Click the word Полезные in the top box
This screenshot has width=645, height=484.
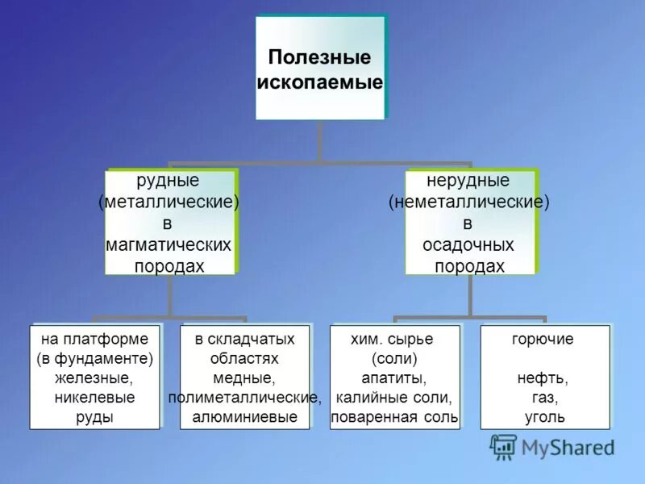pyautogui.click(x=319, y=58)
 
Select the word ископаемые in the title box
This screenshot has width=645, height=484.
pyautogui.click(x=319, y=82)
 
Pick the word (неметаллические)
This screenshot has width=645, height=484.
pyautogui.click(x=468, y=202)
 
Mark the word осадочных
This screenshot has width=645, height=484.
pyautogui.click(x=468, y=244)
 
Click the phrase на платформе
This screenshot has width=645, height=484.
pyautogui.click(x=94, y=340)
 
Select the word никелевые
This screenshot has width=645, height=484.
pyautogui.click(x=94, y=398)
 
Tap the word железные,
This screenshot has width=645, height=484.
pyautogui.click(x=94, y=378)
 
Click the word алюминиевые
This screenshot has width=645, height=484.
pyautogui.click(x=244, y=417)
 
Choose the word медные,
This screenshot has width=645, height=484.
pyautogui.click(x=244, y=378)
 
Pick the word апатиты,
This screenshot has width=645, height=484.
pyautogui.click(x=395, y=378)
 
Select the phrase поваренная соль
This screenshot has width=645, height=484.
pyautogui.click(x=395, y=417)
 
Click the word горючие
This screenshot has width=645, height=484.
pyautogui.click(x=543, y=340)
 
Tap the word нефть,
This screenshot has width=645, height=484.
pyautogui.click(x=543, y=378)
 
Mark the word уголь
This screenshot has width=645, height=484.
pyautogui.click(x=543, y=417)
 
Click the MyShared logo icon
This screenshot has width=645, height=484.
pyautogui.click(x=504, y=446)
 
